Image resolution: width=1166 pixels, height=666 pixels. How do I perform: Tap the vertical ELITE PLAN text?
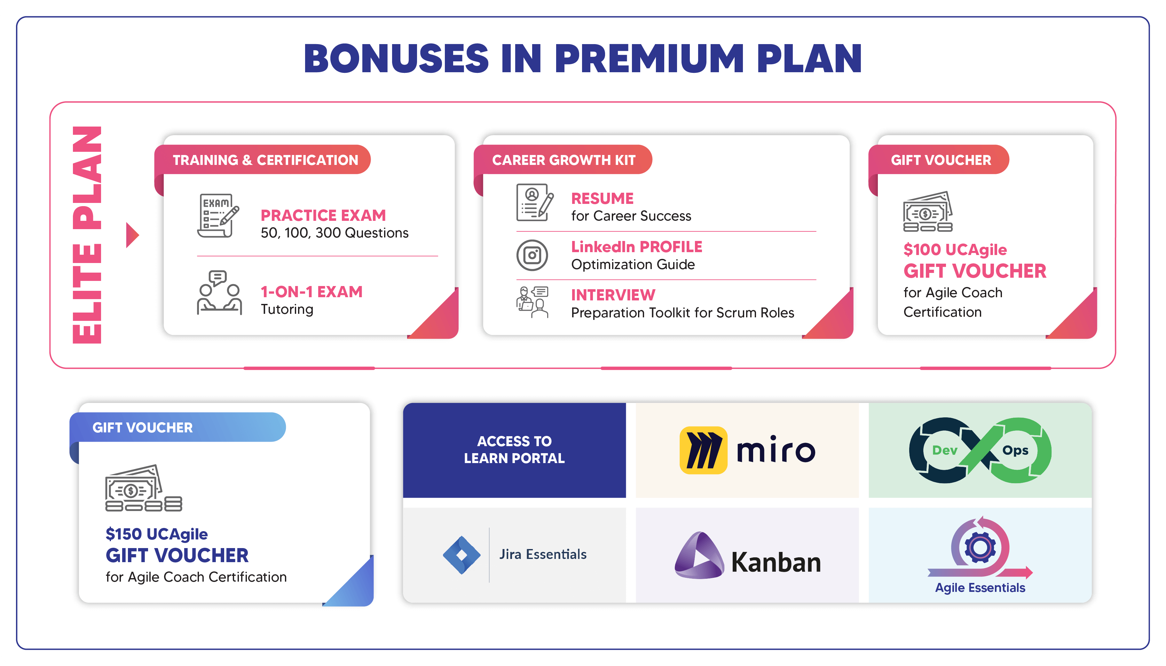point(87,235)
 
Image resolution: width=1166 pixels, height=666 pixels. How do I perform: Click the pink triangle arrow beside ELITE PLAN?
point(131,235)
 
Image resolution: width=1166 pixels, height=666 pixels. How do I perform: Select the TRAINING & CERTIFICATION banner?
point(265,160)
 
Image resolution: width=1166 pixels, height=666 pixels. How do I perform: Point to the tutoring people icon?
point(219,292)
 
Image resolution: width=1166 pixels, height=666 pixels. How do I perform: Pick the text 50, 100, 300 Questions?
point(334,233)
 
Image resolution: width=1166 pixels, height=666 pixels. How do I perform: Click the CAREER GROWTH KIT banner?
point(563,160)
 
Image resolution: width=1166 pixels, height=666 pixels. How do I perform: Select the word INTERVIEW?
point(613,295)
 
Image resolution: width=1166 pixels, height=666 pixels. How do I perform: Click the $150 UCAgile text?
point(156,534)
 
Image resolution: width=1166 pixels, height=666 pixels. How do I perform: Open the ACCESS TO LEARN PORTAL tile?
point(514,450)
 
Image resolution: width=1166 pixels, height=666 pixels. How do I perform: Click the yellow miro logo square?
point(703,450)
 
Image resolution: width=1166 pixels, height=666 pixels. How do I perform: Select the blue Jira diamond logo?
point(461,555)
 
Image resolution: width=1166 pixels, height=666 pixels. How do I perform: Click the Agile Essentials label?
point(980,587)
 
